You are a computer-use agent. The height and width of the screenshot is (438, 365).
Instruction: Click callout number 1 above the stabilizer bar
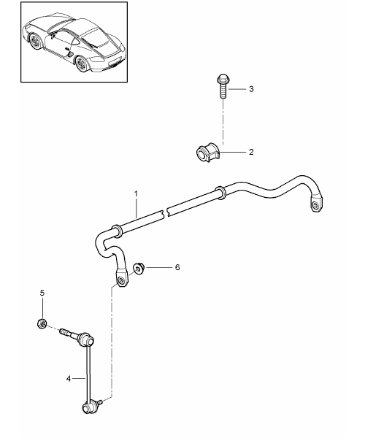136,193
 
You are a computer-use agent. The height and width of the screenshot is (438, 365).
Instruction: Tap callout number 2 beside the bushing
251,152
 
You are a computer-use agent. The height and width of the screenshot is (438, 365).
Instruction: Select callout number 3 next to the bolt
251,89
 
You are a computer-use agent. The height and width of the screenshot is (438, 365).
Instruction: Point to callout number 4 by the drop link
69,379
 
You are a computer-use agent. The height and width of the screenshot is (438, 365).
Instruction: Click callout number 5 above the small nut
42,293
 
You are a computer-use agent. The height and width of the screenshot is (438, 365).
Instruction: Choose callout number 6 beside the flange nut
177,268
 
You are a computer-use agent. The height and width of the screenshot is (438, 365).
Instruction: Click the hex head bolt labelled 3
223,85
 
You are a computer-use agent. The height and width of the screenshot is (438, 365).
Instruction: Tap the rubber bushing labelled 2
208,153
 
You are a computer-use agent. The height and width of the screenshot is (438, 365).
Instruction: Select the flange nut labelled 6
139,268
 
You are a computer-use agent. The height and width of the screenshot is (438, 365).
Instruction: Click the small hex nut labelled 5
42,323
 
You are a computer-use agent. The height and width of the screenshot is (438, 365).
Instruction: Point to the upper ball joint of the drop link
86,340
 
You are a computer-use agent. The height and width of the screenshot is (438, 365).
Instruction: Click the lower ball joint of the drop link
89,408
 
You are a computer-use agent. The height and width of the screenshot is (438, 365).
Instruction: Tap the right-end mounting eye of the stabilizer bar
317,204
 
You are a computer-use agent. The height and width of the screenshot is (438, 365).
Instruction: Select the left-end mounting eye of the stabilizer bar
122,279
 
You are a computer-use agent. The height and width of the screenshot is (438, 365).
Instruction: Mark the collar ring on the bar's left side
117,231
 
